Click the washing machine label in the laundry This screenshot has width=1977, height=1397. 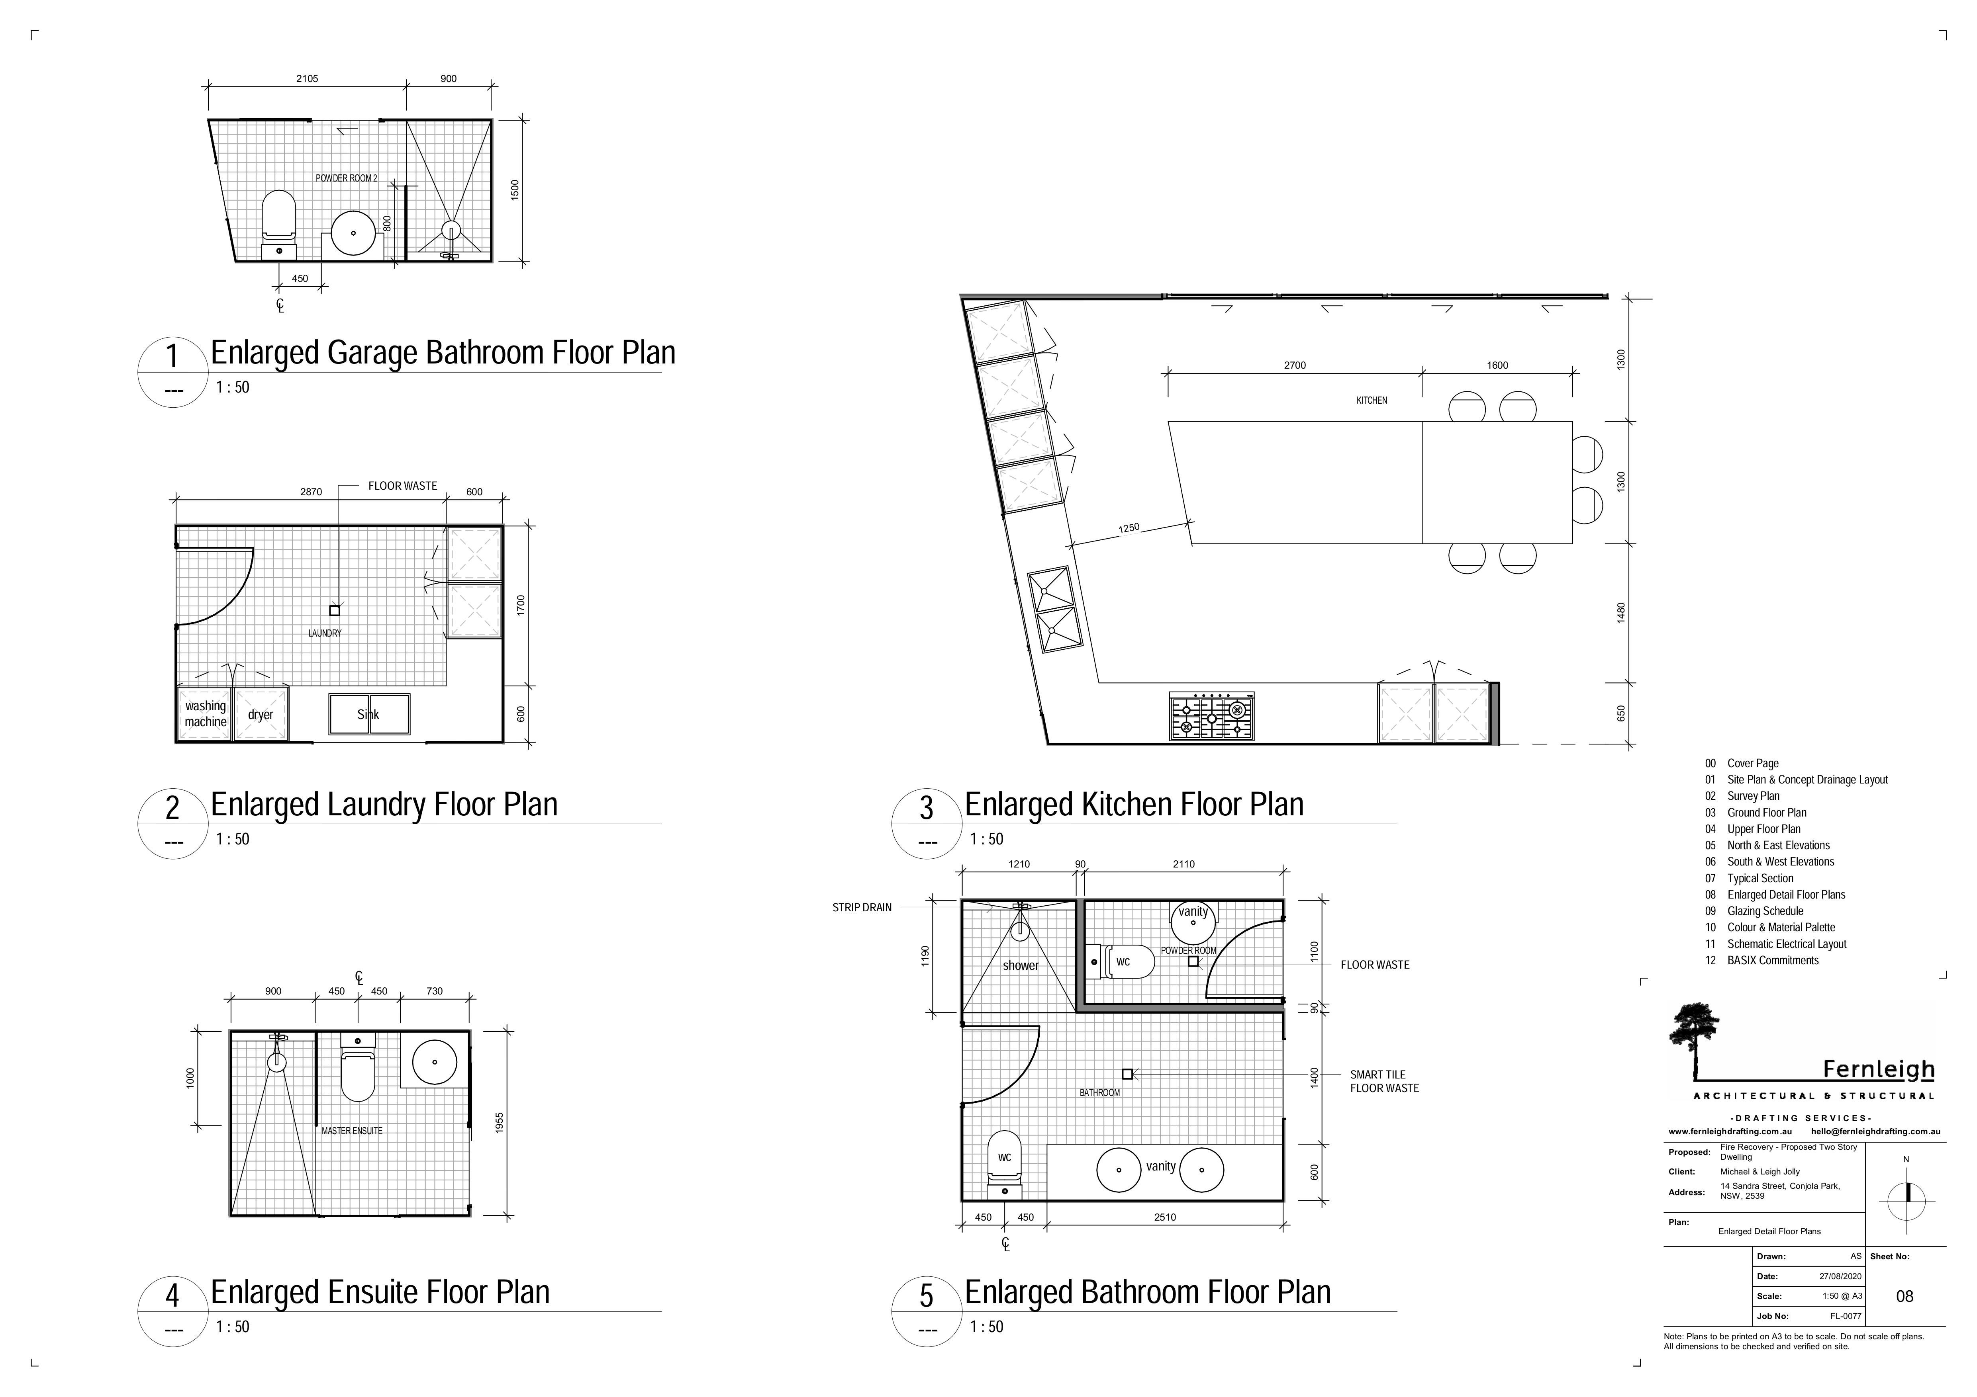pyautogui.click(x=205, y=713)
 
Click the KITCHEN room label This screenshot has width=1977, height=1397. pyautogui.click(x=1372, y=400)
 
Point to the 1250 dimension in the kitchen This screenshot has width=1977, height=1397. pyautogui.click(x=1129, y=528)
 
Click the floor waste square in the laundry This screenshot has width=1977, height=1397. pyautogui.click(x=335, y=610)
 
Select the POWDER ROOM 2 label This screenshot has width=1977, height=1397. pyautogui.click(x=346, y=178)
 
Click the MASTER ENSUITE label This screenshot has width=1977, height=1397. pyautogui.click(x=352, y=1130)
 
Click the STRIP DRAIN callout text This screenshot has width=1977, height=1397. pyautogui.click(x=862, y=907)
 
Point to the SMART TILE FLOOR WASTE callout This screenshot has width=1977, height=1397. pyautogui.click(x=1384, y=1081)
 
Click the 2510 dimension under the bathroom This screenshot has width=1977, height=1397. pyautogui.click(x=1165, y=1217)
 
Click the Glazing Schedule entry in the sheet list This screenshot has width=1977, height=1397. pyautogui.click(x=1765, y=910)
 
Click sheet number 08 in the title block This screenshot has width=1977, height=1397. pyautogui.click(x=1905, y=1296)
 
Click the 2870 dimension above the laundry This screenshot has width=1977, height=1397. pyautogui.click(x=311, y=492)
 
